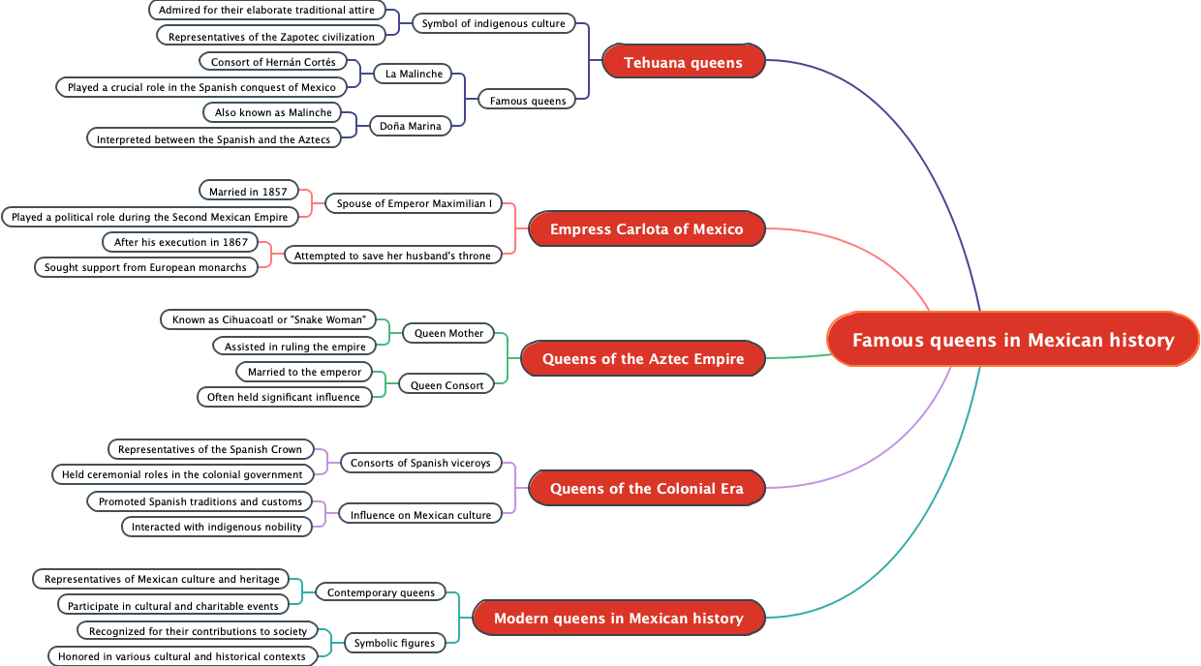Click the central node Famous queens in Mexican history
(x=1013, y=340)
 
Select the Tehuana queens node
(x=683, y=63)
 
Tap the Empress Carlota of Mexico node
(x=646, y=229)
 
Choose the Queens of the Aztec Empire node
(x=643, y=359)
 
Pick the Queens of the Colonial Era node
(x=647, y=489)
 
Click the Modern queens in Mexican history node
(x=618, y=619)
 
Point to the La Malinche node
(x=414, y=74)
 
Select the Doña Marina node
(x=411, y=126)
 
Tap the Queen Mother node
(x=448, y=333)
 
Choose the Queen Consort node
(x=447, y=385)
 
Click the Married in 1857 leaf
(x=248, y=192)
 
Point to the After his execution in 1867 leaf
(x=181, y=242)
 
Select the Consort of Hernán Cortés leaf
(x=273, y=62)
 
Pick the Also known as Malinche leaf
(x=273, y=112)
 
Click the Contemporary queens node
(x=382, y=592)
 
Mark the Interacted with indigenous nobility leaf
(x=217, y=527)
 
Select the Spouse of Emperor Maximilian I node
(x=414, y=203)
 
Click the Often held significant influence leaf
(x=284, y=397)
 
